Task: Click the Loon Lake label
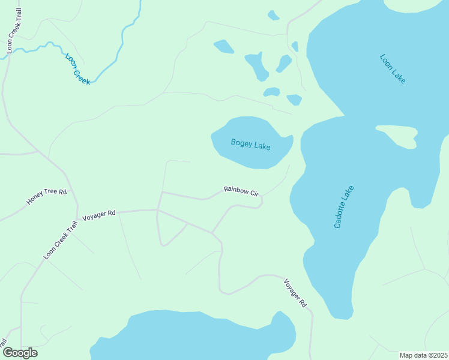393,68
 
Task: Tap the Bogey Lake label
250,145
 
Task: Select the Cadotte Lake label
344,207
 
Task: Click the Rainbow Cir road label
241,191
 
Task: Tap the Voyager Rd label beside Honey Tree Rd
98,214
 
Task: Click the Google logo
19,353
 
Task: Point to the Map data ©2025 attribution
423,355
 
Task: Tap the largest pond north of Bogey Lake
257,65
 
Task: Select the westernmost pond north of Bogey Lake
223,46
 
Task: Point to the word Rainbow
236,190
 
